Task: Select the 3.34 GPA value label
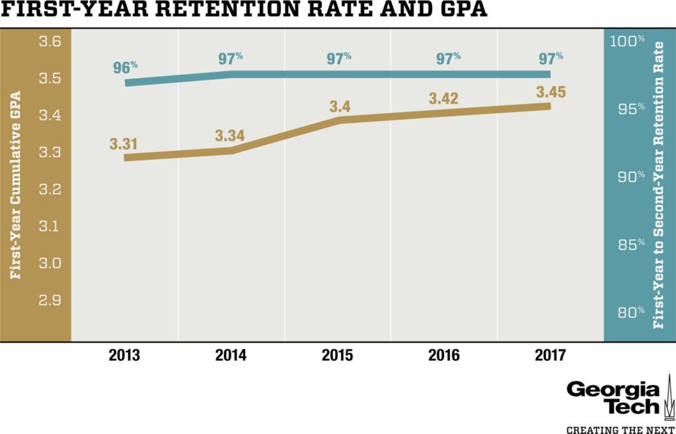coord(230,136)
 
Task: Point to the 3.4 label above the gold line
coord(340,107)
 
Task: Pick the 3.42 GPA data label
coord(443,98)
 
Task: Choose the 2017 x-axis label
coord(550,355)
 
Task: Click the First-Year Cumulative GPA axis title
coord(15,185)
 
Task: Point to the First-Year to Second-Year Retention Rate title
coord(659,185)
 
